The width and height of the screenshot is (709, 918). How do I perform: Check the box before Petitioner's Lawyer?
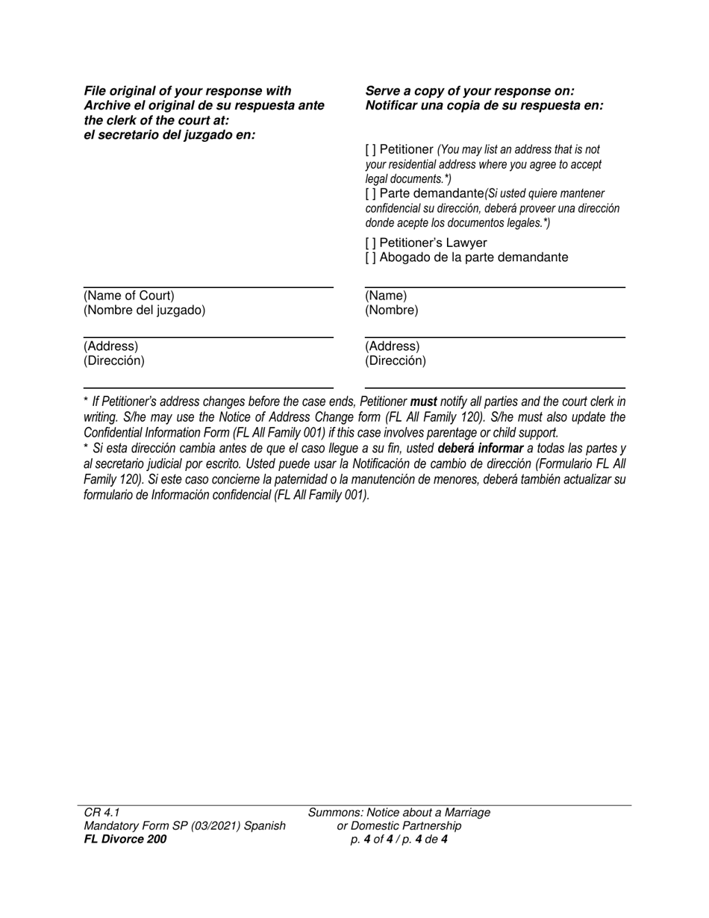371,243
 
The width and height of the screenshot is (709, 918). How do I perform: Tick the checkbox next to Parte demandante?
371,194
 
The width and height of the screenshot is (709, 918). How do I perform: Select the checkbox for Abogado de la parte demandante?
371,257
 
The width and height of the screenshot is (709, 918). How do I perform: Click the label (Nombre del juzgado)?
144,310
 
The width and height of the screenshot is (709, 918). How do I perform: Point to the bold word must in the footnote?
423,402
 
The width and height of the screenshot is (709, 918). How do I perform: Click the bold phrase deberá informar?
480,449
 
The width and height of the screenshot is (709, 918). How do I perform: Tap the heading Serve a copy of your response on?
469,90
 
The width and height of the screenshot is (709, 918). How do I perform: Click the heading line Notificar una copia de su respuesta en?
484,105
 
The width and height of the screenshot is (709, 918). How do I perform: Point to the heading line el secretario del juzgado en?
169,134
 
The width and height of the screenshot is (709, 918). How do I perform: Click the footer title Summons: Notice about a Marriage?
399,812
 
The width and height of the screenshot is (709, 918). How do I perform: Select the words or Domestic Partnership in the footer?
399,825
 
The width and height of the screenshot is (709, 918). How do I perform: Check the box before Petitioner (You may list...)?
371,150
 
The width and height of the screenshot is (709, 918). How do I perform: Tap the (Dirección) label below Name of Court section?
114,361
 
